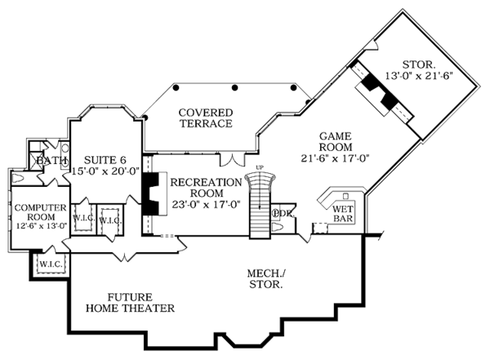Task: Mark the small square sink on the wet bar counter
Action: coord(346,197)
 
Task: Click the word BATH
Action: coord(51,161)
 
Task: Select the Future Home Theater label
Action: coord(130,303)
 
